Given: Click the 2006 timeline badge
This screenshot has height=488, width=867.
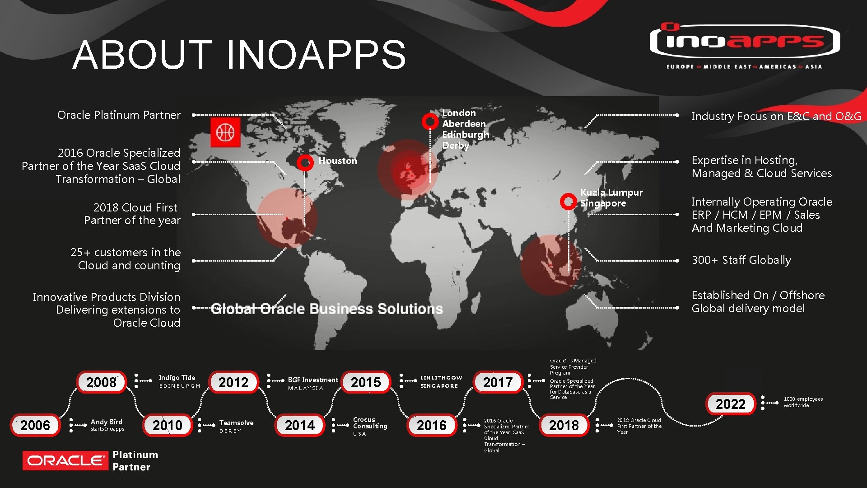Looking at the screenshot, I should pyautogui.click(x=35, y=425).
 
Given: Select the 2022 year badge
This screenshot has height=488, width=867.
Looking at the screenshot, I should pyautogui.click(x=730, y=404).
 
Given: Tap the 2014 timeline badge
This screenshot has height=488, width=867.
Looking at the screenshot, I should pyautogui.click(x=300, y=425).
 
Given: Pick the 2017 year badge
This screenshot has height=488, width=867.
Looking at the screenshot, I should pyautogui.click(x=498, y=382).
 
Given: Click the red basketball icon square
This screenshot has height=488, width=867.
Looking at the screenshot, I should pyautogui.click(x=225, y=132).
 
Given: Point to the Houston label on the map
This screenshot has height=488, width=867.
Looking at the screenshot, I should pyautogui.click(x=338, y=161).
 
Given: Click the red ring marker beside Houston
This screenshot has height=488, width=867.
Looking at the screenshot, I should pyautogui.click(x=305, y=162).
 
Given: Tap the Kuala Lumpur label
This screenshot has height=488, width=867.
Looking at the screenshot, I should pyautogui.click(x=611, y=192).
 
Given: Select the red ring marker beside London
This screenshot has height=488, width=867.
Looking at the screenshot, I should pyautogui.click(x=430, y=121).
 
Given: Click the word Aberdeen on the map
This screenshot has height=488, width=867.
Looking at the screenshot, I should pyautogui.click(x=464, y=124).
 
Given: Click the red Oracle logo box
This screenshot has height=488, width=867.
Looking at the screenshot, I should pyautogui.click(x=65, y=460).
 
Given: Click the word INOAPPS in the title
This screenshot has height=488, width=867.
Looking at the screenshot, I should pyautogui.click(x=316, y=55).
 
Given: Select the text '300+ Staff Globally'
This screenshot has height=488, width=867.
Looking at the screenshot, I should pyautogui.click(x=741, y=260).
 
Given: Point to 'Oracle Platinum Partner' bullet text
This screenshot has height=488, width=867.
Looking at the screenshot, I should pyautogui.click(x=119, y=115).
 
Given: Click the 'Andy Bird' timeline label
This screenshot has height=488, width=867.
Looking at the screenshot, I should pyautogui.click(x=107, y=422).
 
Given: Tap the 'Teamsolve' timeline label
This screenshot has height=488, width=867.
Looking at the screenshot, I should pyautogui.click(x=236, y=423).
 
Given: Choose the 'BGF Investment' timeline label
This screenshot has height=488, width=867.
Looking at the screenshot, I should pyautogui.click(x=313, y=380).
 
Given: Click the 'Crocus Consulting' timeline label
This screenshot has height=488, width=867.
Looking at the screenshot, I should pyautogui.click(x=370, y=423).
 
